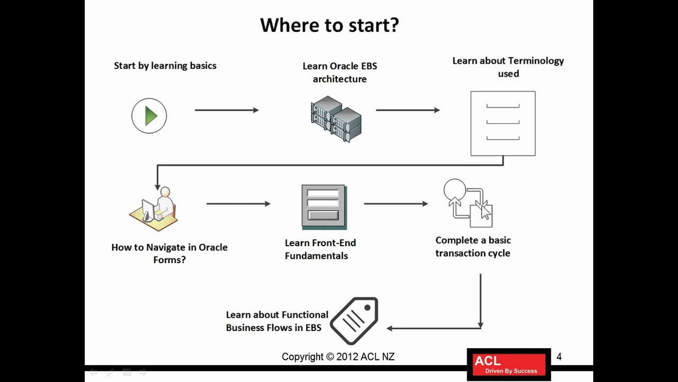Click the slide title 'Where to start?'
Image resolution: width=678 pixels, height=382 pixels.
[x=329, y=25]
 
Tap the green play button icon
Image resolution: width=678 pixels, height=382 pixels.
[x=149, y=116]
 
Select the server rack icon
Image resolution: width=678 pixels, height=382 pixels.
[x=336, y=119]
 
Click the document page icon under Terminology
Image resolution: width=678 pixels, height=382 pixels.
[x=503, y=123]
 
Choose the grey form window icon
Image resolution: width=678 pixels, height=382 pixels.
[x=324, y=207]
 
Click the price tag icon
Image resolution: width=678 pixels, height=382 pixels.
[x=354, y=320]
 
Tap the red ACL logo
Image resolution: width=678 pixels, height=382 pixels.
[x=508, y=364]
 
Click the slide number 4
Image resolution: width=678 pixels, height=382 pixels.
[x=559, y=357]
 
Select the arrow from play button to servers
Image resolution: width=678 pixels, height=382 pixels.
[x=226, y=110]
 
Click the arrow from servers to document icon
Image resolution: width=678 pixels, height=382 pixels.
[x=407, y=110]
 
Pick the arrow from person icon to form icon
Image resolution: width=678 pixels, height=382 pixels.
[x=238, y=203]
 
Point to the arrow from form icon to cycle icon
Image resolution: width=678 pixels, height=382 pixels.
[x=396, y=203]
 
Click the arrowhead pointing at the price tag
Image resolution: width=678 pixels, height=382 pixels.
[x=390, y=328]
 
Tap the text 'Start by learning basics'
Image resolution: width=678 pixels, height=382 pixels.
[x=165, y=66]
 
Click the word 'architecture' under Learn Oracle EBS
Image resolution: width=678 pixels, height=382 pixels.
[x=340, y=79]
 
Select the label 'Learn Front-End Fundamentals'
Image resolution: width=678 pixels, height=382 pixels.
[x=320, y=249]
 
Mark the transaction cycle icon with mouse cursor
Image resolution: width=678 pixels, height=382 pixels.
[x=468, y=204]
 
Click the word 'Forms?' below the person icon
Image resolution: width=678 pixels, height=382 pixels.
[x=169, y=260]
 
